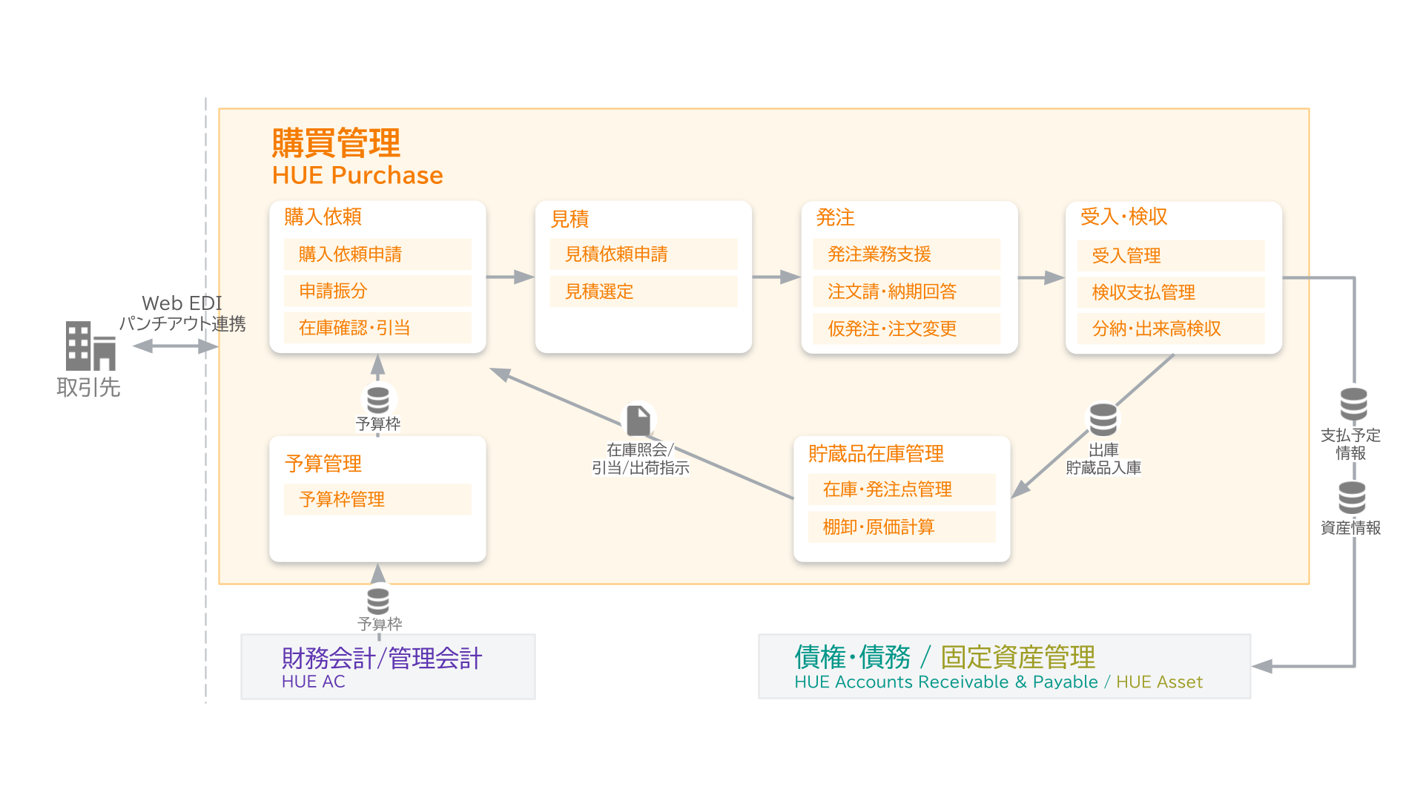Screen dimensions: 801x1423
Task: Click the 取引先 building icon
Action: [90, 346]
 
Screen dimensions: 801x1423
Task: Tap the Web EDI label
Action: [182, 303]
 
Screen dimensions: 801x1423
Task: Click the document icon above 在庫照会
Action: [638, 421]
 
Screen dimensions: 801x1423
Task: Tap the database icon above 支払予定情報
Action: [1353, 404]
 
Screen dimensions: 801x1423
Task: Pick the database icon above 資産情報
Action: [1352, 498]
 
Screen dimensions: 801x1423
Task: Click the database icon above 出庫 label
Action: [1103, 420]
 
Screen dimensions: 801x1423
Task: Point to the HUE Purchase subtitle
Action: [357, 175]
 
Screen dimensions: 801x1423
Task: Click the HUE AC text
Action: [313, 682]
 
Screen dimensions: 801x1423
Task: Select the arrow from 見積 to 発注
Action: [776, 277]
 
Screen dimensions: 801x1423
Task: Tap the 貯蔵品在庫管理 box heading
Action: [876, 453]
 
